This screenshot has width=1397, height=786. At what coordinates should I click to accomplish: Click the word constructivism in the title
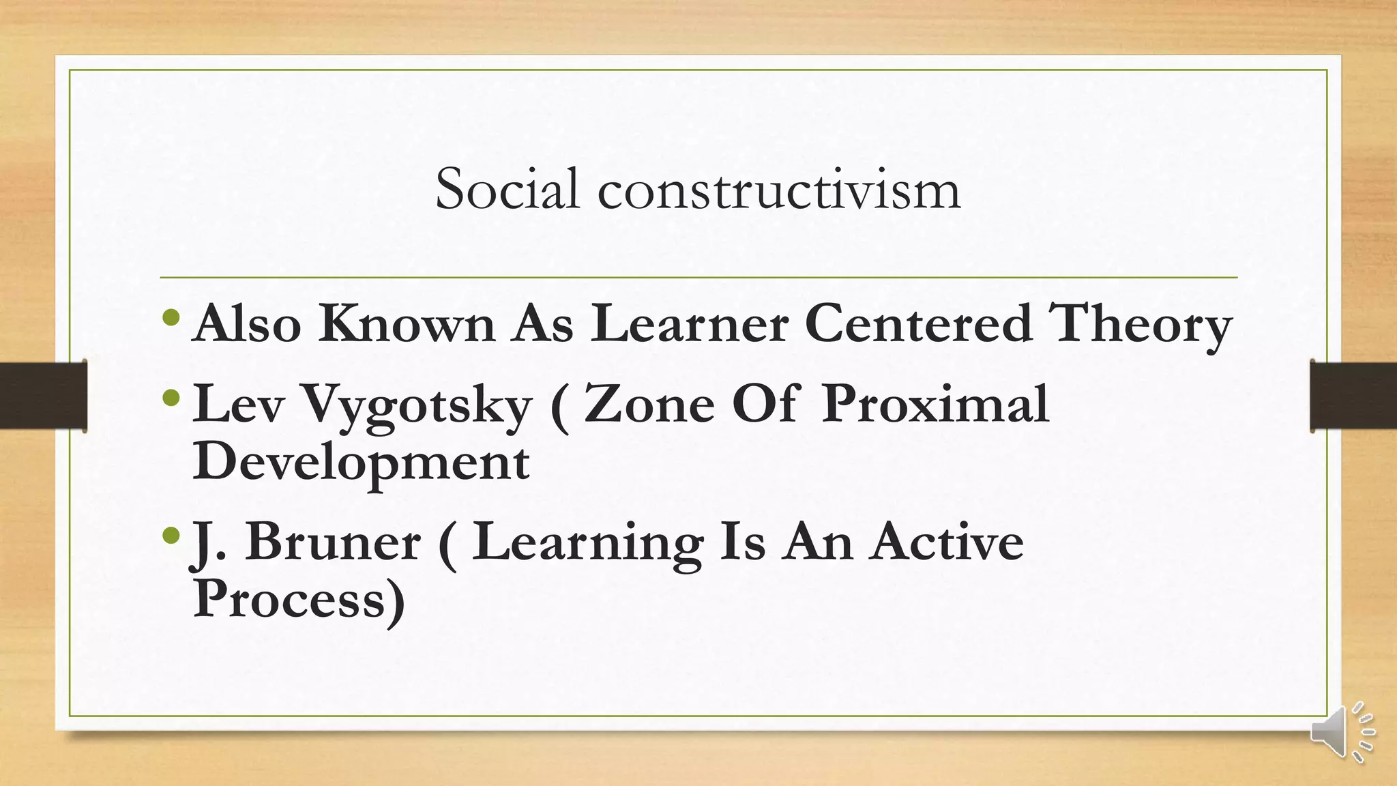(779, 190)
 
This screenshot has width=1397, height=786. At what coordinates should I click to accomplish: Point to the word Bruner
(332, 542)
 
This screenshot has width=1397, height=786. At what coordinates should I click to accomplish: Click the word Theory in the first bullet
(1140, 324)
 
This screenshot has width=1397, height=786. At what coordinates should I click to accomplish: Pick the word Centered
(917, 323)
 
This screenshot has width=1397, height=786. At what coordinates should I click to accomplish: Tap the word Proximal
(935, 404)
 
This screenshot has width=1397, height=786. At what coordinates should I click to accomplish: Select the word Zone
(649, 404)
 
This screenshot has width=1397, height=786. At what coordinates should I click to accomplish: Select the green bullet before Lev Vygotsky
(172, 397)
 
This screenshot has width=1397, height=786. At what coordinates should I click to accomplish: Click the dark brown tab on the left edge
(43, 396)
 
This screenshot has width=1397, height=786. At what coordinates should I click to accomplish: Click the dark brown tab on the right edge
(1353, 396)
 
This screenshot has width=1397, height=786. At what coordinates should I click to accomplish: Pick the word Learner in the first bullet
(689, 323)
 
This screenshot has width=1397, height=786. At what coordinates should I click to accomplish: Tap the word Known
(407, 323)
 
